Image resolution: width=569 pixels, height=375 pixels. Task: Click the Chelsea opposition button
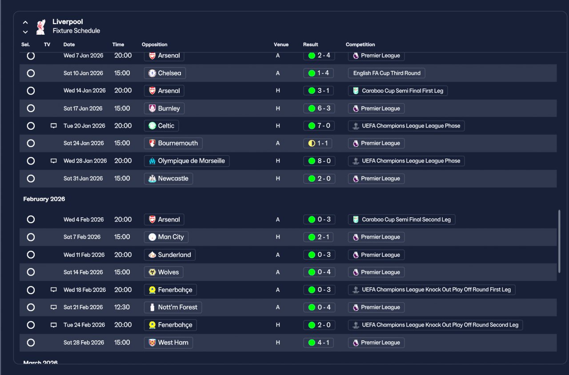click(165, 73)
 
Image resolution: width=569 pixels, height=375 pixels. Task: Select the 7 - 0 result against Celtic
click(319, 126)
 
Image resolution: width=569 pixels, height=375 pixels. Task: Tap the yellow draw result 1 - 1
click(319, 144)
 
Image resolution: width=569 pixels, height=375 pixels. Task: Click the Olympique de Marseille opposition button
click(187, 161)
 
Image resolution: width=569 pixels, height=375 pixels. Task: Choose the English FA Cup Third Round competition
click(386, 73)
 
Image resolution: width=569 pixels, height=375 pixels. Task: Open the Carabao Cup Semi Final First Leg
click(398, 91)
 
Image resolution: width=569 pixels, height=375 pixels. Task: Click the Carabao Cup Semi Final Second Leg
click(401, 219)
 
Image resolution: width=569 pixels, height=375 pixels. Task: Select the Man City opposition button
click(166, 237)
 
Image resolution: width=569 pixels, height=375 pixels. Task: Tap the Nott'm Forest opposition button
click(173, 307)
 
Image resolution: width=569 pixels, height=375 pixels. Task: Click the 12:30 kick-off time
click(122, 307)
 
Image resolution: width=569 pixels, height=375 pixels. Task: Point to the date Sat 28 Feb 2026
click(84, 343)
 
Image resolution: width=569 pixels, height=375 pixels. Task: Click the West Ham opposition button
click(169, 343)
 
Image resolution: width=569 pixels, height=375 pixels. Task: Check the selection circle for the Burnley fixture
click(31, 108)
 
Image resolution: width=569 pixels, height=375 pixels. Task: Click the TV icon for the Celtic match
click(54, 126)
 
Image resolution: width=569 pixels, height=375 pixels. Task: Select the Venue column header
click(281, 44)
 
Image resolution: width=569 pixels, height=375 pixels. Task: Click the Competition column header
click(360, 44)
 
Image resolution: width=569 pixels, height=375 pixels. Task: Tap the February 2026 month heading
click(44, 199)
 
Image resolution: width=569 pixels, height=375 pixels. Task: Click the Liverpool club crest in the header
click(40, 26)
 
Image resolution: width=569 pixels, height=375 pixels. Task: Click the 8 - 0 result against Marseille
click(319, 161)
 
